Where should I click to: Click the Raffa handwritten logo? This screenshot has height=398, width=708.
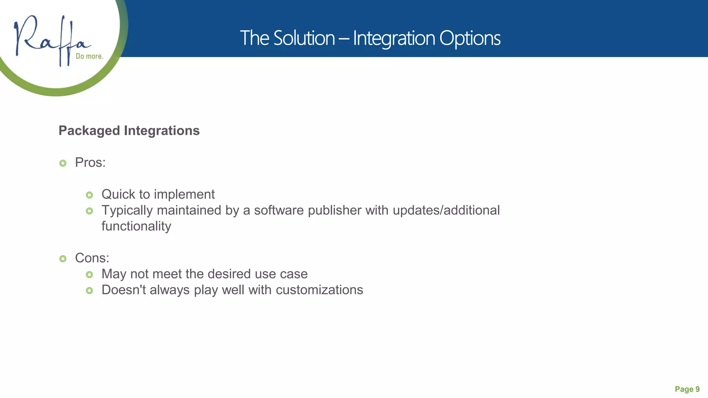pyautogui.click(x=52, y=40)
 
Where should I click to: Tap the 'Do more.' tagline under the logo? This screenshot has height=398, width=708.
pyautogui.click(x=90, y=56)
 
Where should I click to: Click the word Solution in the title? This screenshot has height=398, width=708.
pyautogui.click(x=304, y=38)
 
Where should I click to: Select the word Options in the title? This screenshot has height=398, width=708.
pyautogui.click(x=470, y=38)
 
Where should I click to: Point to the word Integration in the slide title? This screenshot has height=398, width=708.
pyautogui.click(x=394, y=38)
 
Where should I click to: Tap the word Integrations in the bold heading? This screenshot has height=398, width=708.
pyautogui.click(x=162, y=131)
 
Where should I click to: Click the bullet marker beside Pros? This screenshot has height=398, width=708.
pyautogui.click(x=63, y=163)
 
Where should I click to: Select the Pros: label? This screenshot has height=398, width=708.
pyautogui.click(x=90, y=163)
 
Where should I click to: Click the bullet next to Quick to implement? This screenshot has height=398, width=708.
pyautogui.click(x=90, y=195)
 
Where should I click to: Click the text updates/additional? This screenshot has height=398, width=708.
pyautogui.click(x=446, y=210)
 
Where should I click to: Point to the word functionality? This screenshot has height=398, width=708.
pyautogui.click(x=136, y=226)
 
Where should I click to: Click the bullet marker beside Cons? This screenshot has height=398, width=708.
pyautogui.click(x=63, y=258)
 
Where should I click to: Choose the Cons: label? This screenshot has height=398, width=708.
pyautogui.click(x=92, y=258)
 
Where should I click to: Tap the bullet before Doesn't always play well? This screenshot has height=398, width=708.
pyautogui.click(x=90, y=291)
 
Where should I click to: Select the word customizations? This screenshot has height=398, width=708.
pyautogui.click(x=319, y=290)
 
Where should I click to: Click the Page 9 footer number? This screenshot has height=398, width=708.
pyautogui.click(x=687, y=389)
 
